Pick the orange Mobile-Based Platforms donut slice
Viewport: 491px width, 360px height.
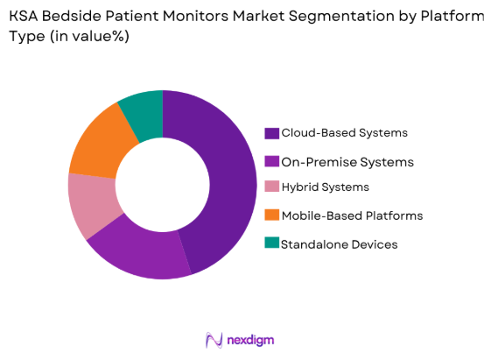click(100, 140)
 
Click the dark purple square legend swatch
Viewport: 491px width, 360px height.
click(272, 133)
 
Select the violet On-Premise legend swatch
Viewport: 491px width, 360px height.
click(272, 161)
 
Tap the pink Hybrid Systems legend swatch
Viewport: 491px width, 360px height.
click(272, 187)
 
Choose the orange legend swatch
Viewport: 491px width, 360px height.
click(272, 215)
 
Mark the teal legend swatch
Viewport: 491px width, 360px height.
click(272, 244)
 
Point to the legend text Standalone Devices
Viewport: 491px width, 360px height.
click(338, 244)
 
